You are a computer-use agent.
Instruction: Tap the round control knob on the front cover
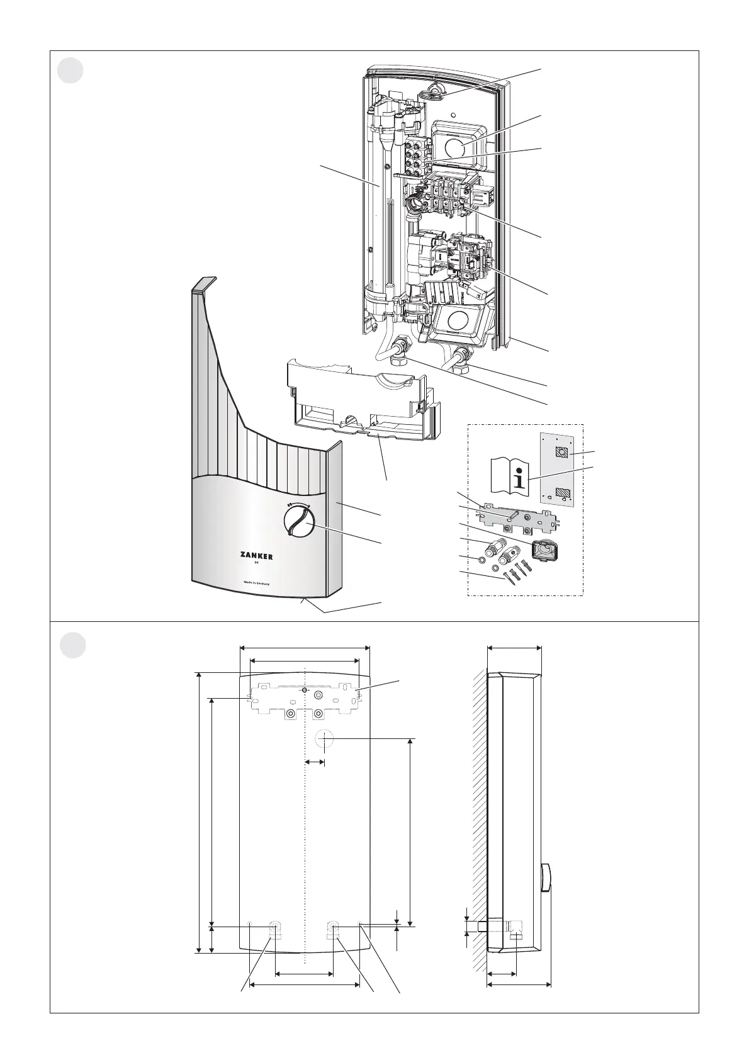(298, 521)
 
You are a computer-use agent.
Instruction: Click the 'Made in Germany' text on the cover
(256, 584)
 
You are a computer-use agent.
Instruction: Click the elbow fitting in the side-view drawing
(518, 926)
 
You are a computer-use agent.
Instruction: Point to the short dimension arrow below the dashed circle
(315, 762)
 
